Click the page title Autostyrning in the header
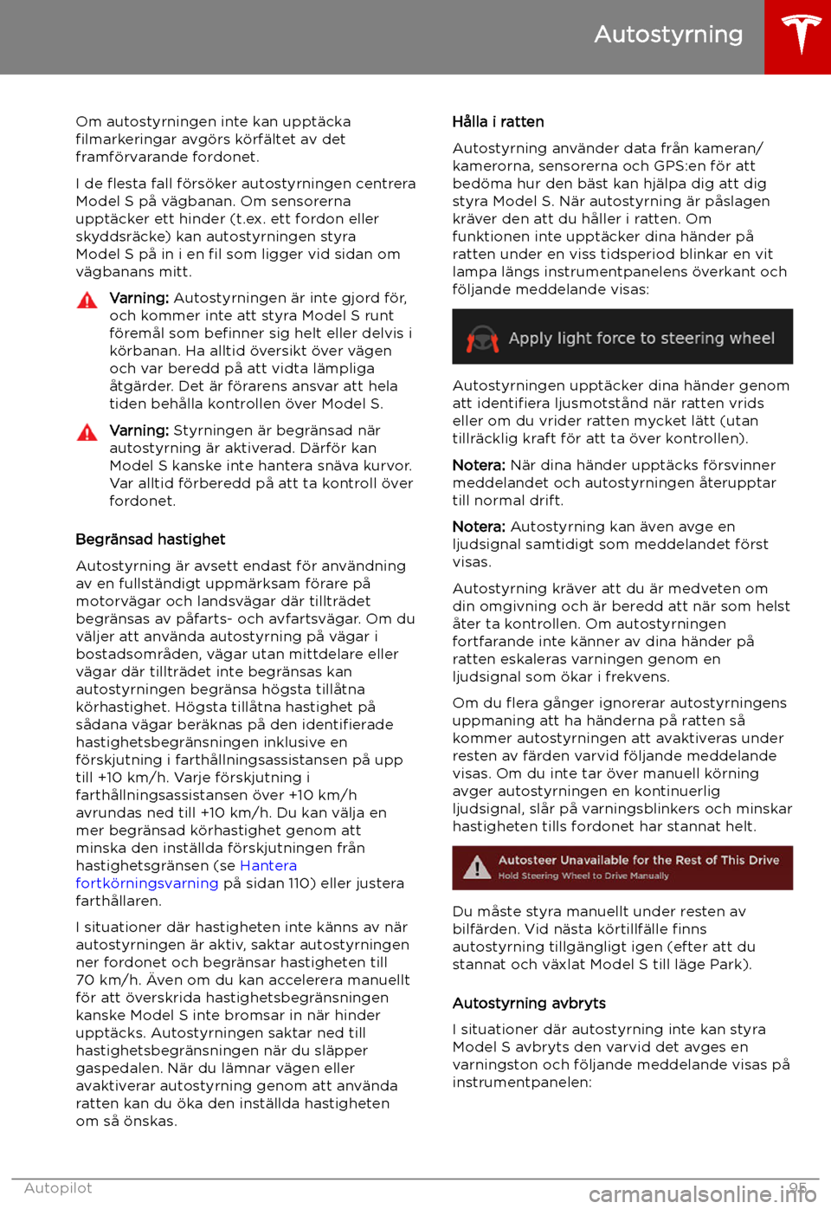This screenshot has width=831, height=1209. [x=668, y=35]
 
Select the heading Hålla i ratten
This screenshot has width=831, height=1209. [x=498, y=122]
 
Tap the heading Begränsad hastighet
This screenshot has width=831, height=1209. [x=150, y=540]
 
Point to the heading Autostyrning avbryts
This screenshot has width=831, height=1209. [x=529, y=1004]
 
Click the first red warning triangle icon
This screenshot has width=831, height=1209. [x=87, y=301]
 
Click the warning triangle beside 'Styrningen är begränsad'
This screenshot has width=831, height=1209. [x=87, y=432]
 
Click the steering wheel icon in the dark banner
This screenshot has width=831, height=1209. [x=482, y=339]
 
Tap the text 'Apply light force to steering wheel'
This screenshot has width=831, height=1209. [x=641, y=339]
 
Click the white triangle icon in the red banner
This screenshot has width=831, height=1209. [x=477, y=867]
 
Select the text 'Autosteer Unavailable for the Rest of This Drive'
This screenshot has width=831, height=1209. [x=639, y=860]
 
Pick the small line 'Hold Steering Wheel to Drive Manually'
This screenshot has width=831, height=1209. [x=583, y=876]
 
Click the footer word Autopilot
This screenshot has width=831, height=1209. [x=58, y=1188]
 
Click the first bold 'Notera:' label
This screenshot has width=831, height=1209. [x=479, y=466]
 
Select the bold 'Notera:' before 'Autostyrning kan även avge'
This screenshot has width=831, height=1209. [x=479, y=527]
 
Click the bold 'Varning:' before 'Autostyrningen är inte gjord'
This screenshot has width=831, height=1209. [x=138, y=299]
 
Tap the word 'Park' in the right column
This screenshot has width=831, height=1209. [x=729, y=965]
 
